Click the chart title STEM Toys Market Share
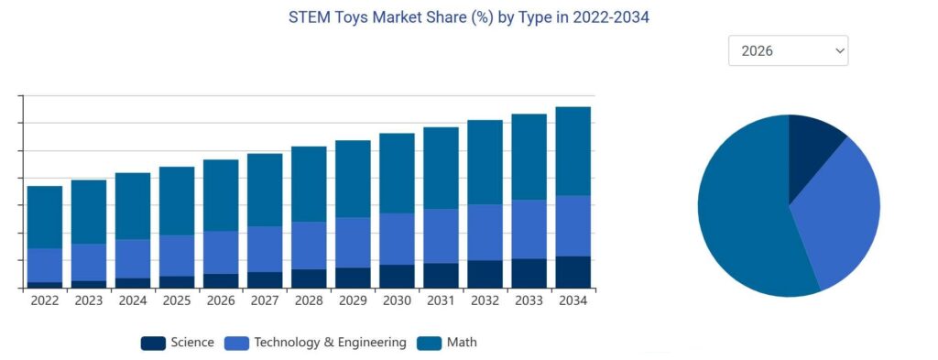point(468,17)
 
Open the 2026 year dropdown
point(788,51)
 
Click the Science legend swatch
point(153,343)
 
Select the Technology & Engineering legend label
point(330,343)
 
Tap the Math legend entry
point(462,343)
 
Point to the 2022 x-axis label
point(45,300)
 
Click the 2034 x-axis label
point(573,300)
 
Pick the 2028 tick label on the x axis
point(309,300)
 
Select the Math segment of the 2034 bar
point(573,151)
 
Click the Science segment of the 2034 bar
point(573,272)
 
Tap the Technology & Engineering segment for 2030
point(397,239)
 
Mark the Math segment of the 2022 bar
point(45,217)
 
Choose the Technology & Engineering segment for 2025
point(177,256)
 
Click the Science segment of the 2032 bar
point(485,274)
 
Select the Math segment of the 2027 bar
point(265,190)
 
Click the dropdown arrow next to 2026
point(839,51)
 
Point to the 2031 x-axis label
point(441,300)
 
